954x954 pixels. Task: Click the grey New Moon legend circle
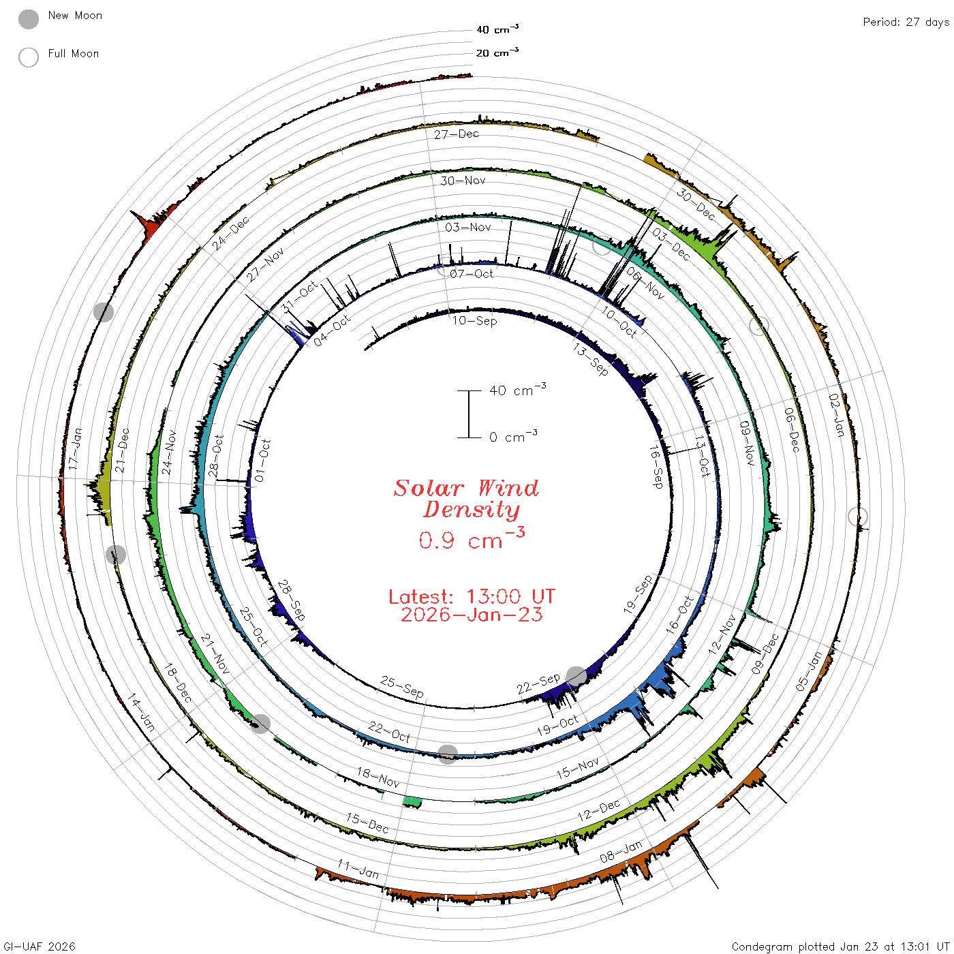28,19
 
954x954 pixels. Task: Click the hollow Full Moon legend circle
28,57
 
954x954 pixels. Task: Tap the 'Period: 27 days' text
906,22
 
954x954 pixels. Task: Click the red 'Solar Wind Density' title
466,499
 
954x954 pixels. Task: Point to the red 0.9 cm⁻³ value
472,538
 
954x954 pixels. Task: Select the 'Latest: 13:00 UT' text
472,596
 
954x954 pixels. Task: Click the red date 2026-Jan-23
472,615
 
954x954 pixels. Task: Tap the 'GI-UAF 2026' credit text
39,946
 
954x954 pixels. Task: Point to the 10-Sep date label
474,320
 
